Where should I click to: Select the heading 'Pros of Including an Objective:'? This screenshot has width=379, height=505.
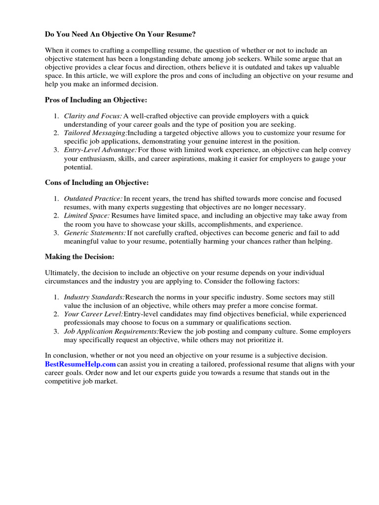96,100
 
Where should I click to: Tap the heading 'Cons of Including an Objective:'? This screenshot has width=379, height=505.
96,182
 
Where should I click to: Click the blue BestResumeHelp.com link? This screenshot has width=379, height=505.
80,364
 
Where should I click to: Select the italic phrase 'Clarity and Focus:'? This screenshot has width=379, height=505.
93,116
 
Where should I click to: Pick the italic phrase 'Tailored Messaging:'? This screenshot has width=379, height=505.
95,133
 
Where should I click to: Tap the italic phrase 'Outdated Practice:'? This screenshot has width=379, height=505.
93,199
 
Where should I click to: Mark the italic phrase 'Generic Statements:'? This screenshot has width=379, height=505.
95,233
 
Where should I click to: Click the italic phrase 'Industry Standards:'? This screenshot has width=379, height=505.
94,297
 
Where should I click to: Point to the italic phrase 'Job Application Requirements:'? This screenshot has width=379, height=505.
111,331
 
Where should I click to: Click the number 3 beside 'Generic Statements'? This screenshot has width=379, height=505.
56,233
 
